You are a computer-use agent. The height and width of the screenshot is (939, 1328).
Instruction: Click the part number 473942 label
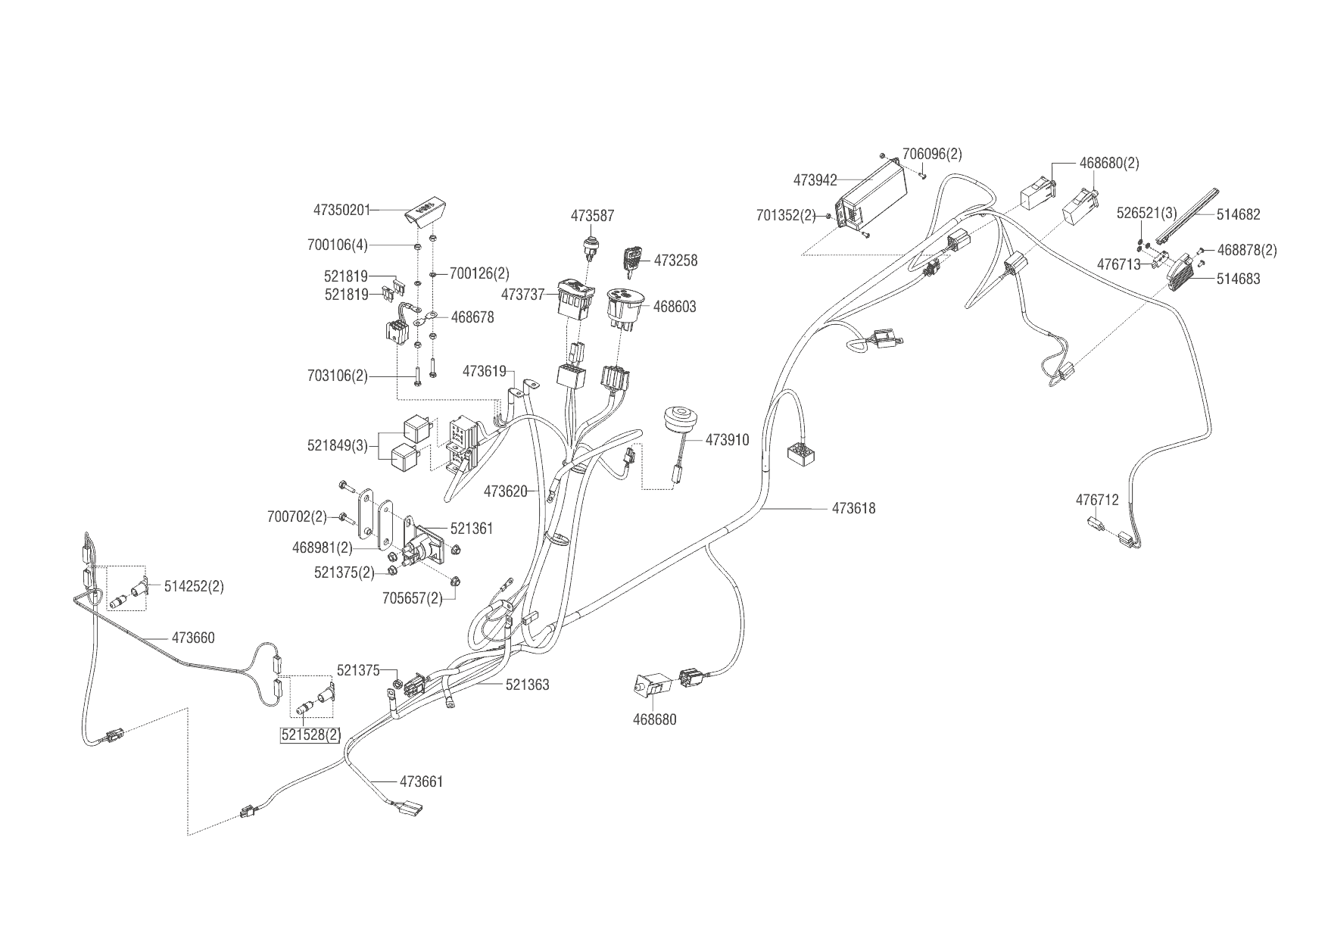[815, 180]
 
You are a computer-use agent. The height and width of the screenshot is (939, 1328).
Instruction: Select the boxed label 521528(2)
[311, 735]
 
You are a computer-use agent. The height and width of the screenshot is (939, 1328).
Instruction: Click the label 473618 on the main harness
[853, 509]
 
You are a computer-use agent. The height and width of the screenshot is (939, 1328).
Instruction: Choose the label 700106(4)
[337, 245]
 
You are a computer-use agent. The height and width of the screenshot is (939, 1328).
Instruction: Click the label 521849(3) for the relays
[337, 446]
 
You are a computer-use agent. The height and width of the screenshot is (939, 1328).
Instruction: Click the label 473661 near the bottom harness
[421, 781]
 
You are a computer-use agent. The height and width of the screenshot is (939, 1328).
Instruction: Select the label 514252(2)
[194, 587]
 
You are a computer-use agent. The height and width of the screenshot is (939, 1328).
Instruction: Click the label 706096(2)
[932, 154]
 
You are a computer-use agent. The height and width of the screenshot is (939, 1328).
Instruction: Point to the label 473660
[193, 638]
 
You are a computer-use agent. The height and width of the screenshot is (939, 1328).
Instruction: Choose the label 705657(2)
[412, 598]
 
